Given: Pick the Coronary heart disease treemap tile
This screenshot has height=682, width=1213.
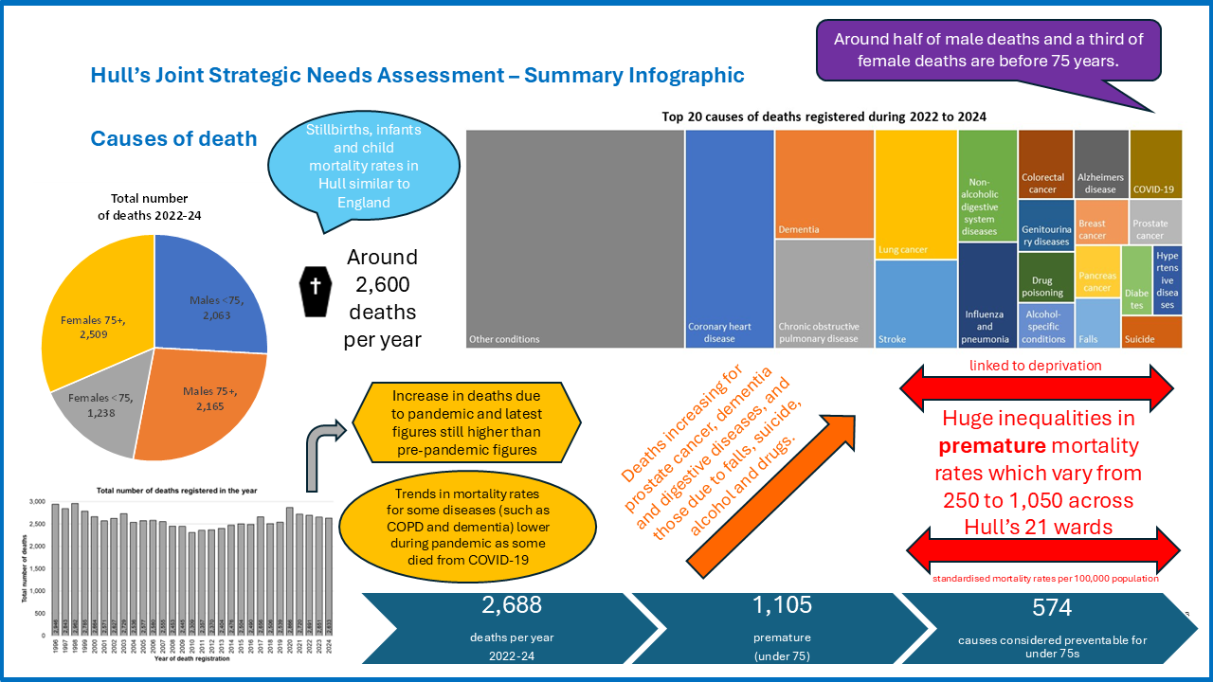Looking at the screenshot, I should pyautogui.click(x=729, y=237).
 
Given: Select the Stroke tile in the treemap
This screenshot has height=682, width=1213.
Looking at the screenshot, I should pyautogui.click(x=915, y=303).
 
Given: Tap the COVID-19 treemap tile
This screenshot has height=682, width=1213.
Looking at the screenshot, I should pyautogui.click(x=1155, y=163).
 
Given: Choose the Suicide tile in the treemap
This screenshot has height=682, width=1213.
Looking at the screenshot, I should pyautogui.click(x=1151, y=332).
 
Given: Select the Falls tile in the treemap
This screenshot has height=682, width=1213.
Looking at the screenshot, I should pyautogui.click(x=1097, y=322).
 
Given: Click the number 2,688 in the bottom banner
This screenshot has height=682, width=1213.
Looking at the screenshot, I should pyautogui.click(x=512, y=605).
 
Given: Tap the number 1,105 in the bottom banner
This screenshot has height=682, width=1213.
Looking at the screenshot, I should pyautogui.click(x=782, y=605).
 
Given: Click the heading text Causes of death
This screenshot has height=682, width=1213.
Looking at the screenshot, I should pyautogui.click(x=173, y=139).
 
